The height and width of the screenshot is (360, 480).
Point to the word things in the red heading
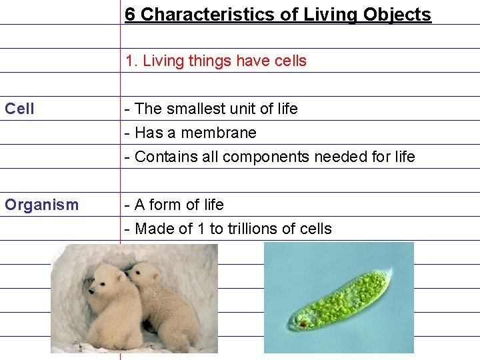click(x=202, y=61)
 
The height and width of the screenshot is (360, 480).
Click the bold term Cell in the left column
click(x=19, y=109)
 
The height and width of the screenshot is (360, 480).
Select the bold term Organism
click(x=41, y=205)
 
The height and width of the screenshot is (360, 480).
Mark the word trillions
click(x=251, y=229)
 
